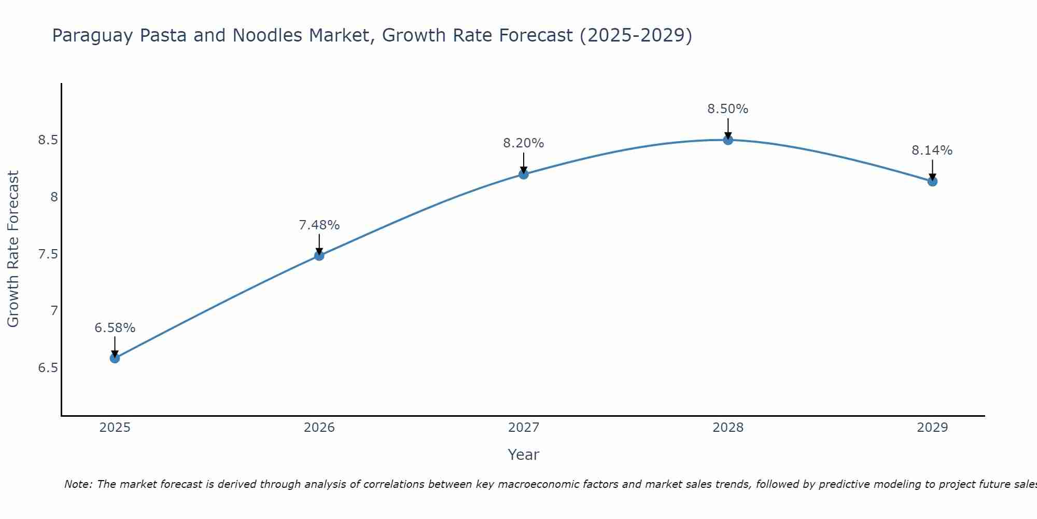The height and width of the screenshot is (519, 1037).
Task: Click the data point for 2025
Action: [x=115, y=358]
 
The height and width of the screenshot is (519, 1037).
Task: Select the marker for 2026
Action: [x=319, y=255]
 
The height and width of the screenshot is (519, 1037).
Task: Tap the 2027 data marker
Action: [x=523, y=174]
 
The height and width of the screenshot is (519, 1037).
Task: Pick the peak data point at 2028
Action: [x=727, y=140]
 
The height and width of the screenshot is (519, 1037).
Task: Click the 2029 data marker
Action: [x=932, y=181]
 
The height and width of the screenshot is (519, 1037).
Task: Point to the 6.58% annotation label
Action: [x=115, y=328]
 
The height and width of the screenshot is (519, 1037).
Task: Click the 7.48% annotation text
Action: [x=319, y=225]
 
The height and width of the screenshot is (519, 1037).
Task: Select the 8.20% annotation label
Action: [x=523, y=143]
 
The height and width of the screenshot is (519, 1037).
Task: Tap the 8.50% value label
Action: [x=727, y=109]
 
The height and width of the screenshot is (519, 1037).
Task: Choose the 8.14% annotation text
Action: [x=932, y=151]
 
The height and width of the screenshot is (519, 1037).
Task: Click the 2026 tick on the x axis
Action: [x=319, y=428]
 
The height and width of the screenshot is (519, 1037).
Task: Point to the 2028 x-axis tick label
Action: [x=727, y=428]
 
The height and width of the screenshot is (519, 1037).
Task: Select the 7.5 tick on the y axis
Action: [x=48, y=254]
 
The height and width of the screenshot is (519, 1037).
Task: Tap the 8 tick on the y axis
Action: [x=54, y=197]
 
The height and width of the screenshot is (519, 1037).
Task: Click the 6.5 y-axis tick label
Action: [x=48, y=368]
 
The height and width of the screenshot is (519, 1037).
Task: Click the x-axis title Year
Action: [x=523, y=455]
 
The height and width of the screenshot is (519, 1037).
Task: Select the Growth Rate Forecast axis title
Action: [x=13, y=249]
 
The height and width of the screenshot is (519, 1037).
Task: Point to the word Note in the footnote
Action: [x=78, y=484]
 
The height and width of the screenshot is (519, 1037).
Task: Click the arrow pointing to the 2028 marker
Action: [x=727, y=128]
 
